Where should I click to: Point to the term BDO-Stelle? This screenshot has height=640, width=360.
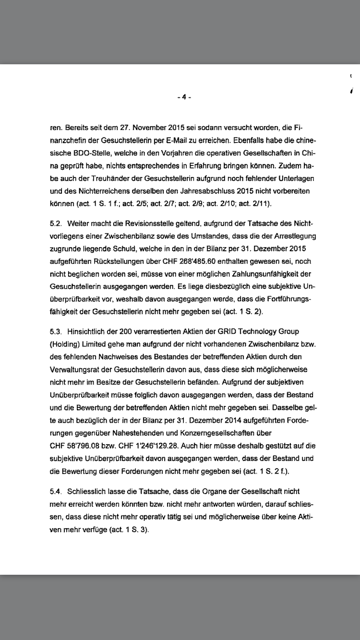click(x=84, y=153)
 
